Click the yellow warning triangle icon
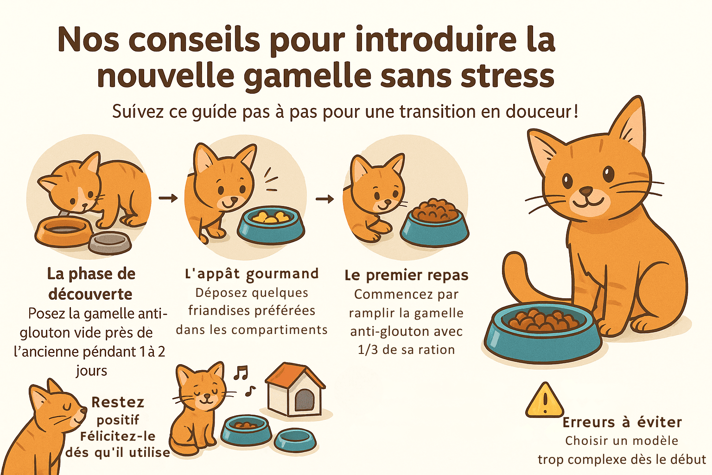(545, 400)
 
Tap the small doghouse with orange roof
(295, 391)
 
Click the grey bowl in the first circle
(109, 243)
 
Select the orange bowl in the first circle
(64, 231)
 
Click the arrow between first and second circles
(168, 198)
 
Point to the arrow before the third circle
(324, 199)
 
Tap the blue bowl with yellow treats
(271, 225)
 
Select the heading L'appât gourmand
(252, 274)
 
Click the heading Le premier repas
(407, 275)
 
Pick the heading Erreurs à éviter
(622, 422)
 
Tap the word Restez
(118, 402)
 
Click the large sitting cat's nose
(586, 191)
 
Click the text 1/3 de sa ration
(406, 350)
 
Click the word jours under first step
(91, 371)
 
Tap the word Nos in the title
(88, 40)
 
